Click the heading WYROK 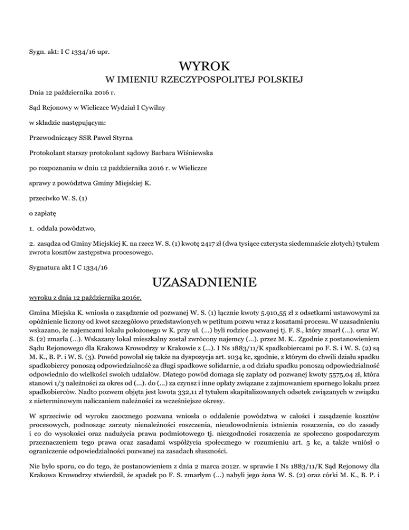click(204, 68)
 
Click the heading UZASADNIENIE click(204, 281)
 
